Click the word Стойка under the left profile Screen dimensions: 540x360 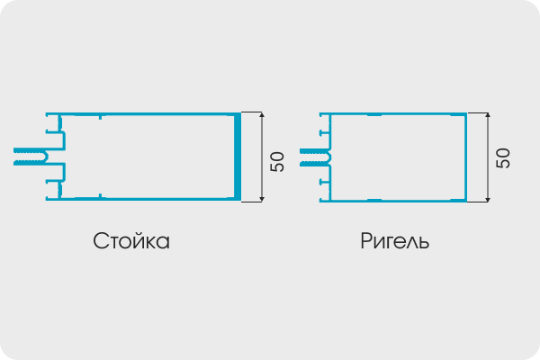(131, 241)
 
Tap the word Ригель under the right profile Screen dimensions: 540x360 (395, 241)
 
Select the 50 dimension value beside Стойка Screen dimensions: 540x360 (277, 162)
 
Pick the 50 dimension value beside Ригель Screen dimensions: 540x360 (503, 158)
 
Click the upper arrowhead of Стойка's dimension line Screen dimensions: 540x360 (262, 114)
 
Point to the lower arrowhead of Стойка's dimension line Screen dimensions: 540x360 (262, 199)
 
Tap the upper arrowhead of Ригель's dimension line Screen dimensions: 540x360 (488, 115)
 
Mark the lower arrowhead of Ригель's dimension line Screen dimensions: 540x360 (488, 199)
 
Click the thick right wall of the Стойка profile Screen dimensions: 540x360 (238, 157)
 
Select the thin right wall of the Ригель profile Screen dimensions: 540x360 (466, 157)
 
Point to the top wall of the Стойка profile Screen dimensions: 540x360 (143, 114)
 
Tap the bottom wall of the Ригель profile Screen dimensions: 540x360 (393, 201)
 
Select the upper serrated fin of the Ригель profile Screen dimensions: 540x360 (312, 151)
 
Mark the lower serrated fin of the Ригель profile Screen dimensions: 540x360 (312, 164)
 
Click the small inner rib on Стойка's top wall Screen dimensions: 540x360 (100, 118)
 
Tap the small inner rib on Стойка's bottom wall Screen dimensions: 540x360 (100, 196)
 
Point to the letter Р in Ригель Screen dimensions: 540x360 (366, 240)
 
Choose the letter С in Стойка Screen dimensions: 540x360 (100, 240)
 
